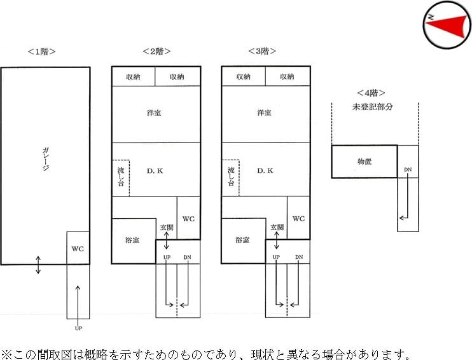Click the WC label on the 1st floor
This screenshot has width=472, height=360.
(x=78, y=248)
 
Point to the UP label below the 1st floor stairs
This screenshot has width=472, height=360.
(x=78, y=328)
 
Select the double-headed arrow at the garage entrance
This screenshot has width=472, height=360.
(x=38, y=264)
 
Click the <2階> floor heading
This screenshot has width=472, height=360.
(x=156, y=51)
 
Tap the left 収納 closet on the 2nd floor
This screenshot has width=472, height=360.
(x=133, y=76)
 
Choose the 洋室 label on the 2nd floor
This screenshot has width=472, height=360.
(x=153, y=113)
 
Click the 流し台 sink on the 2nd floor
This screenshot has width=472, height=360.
(x=121, y=177)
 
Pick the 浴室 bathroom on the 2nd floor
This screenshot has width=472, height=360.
(x=132, y=240)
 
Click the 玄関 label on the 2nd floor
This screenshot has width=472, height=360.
(x=166, y=227)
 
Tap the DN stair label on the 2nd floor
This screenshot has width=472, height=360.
(x=187, y=257)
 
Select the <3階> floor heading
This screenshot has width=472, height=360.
(x=266, y=51)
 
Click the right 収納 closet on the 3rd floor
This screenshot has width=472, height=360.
(x=287, y=76)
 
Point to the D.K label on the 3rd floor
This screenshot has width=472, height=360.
(x=265, y=170)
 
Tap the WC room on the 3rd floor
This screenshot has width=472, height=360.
(x=298, y=218)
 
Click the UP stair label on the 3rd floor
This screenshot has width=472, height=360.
(x=276, y=257)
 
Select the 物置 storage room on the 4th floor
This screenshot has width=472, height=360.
(x=364, y=162)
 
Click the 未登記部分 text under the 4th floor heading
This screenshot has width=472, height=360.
(x=373, y=106)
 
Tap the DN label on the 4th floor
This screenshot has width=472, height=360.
(x=408, y=170)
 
